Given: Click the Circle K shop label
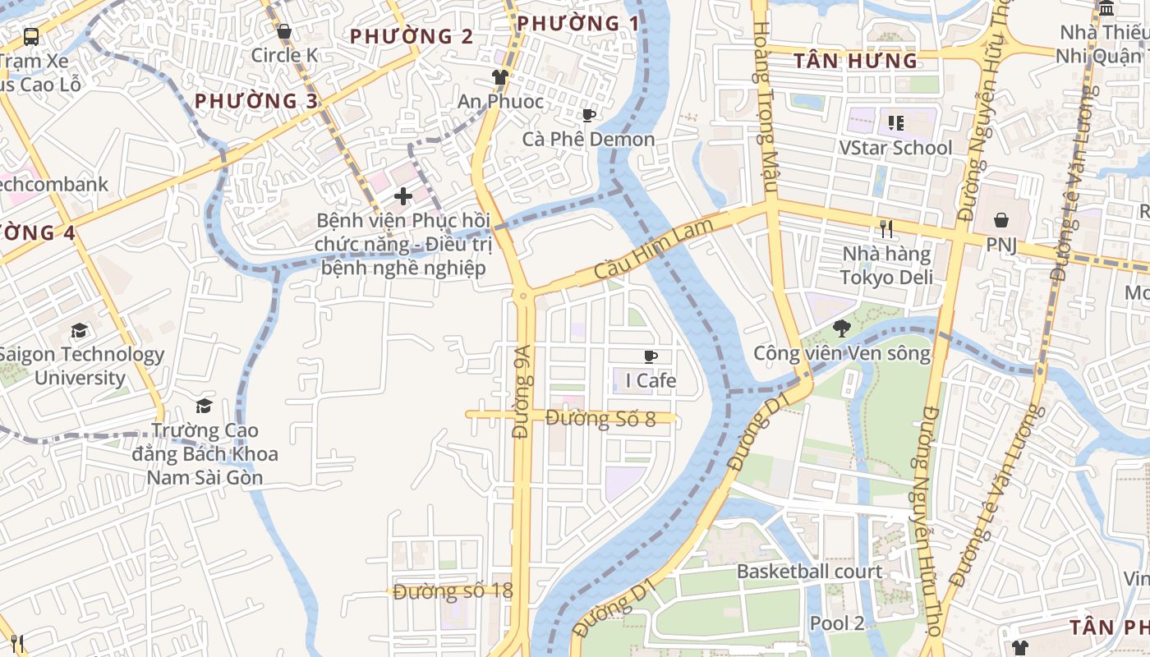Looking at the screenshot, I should pyautogui.click(x=284, y=55).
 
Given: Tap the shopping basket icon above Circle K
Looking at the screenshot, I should pyautogui.click(x=284, y=31).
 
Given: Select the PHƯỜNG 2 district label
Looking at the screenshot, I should pyautogui.click(x=412, y=36).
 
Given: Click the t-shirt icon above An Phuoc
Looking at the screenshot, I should pyautogui.click(x=499, y=77).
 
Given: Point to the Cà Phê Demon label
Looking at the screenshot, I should pyautogui.click(x=588, y=139).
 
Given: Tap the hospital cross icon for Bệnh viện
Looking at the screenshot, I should pyautogui.click(x=402, y=196).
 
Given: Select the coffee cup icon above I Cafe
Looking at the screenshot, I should pyautogui.click(x=651, y=356).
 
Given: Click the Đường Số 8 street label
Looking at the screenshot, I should pyautogui.click(x=600, y=419).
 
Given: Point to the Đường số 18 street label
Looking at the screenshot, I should pyautogui.click(x=453, y=591).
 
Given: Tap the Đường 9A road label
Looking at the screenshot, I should pyautogui.click(x=522, y=402).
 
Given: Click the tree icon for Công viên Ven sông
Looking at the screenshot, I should pyautogui.click(x=841, y=329).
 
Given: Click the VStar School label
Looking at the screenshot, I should pyautogui.click(x=895, y=148).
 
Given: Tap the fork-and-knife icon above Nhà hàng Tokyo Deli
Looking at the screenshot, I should pyautogui.click(x=885, y=229).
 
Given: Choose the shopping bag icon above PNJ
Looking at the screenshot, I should pyautogui.click(x=1001, y=220).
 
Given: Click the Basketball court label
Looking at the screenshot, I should pyautogui.click(x=809, y=572).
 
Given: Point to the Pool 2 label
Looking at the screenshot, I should pyautogui.click(x=836, y=623).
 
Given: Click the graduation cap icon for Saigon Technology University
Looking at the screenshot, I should pyautogui.click(x=79, y=331).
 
